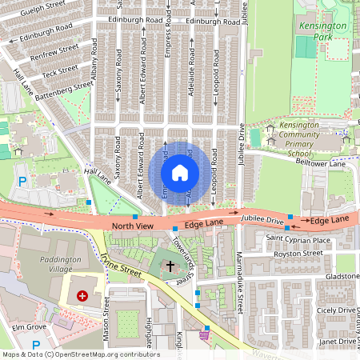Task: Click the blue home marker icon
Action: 180,172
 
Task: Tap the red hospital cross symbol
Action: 82,296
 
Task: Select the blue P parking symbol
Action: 23,182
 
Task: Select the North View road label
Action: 132,227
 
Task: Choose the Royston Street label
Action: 298,254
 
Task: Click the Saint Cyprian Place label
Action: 298,239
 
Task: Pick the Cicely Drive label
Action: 334,310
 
